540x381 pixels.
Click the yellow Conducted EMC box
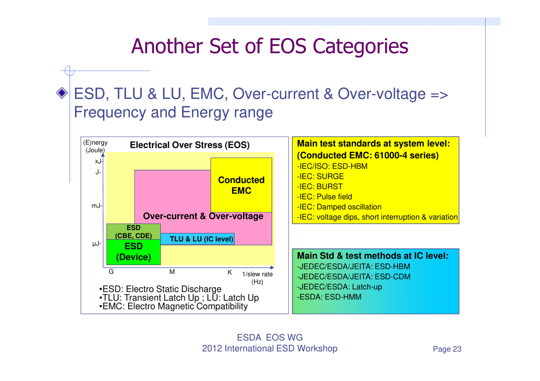241,185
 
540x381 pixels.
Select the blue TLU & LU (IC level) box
198,239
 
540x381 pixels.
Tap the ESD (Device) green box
133,252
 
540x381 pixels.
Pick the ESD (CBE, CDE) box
133,232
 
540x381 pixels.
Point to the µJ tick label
97,243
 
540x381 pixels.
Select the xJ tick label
99,161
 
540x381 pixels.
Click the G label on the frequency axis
111,271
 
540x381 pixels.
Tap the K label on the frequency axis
230,272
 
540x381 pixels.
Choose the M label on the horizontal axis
172,272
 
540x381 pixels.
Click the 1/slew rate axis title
257,278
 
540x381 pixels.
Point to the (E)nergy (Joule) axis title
95,146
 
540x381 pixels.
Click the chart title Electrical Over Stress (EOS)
190,145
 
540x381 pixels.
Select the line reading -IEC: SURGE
320,176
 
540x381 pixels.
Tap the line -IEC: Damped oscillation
339,207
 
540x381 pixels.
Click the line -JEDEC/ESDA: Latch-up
340,287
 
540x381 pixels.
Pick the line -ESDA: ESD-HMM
329,297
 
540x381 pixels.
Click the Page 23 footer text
447,349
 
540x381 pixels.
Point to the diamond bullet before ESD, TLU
62,93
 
